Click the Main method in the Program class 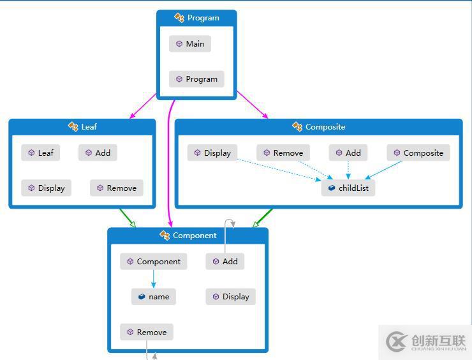point(190,43)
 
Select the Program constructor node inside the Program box point(196,79)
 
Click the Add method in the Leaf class point(98,153)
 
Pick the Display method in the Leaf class point(47,188)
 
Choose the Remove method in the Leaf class point(117,188)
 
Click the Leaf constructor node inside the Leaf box point(41,153)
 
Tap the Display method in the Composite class point(212,153)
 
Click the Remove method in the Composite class point(283,153)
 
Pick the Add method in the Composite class point(348,153)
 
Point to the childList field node point(348,188)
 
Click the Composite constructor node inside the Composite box point(418,153)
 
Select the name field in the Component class point(154,297)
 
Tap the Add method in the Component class point(225,261)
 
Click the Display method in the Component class point(231,297)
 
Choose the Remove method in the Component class point(147,332)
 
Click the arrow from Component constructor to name point(154,279)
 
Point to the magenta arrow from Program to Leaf point(143,106)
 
